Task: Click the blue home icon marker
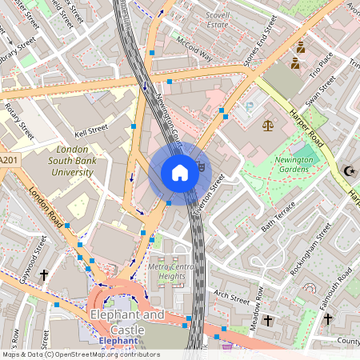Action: pos(180,173)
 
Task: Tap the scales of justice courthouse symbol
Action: pos(267,125)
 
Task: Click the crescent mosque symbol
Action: pos(348,170)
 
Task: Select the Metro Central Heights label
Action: pos(172,271)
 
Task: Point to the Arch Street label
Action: pos(232,297)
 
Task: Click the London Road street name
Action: pos(45,206)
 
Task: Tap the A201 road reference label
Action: pos(8,161)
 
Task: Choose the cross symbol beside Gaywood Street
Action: pos(44,274)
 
